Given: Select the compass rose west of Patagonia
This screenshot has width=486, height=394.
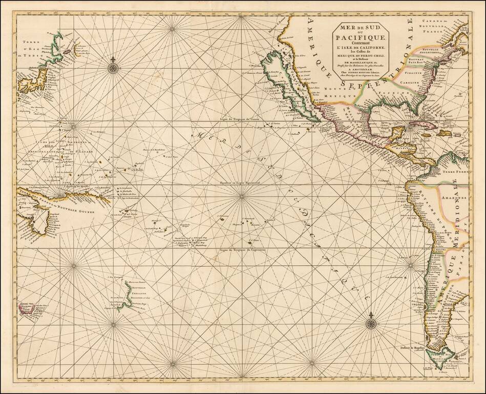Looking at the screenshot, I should coord(370,323).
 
